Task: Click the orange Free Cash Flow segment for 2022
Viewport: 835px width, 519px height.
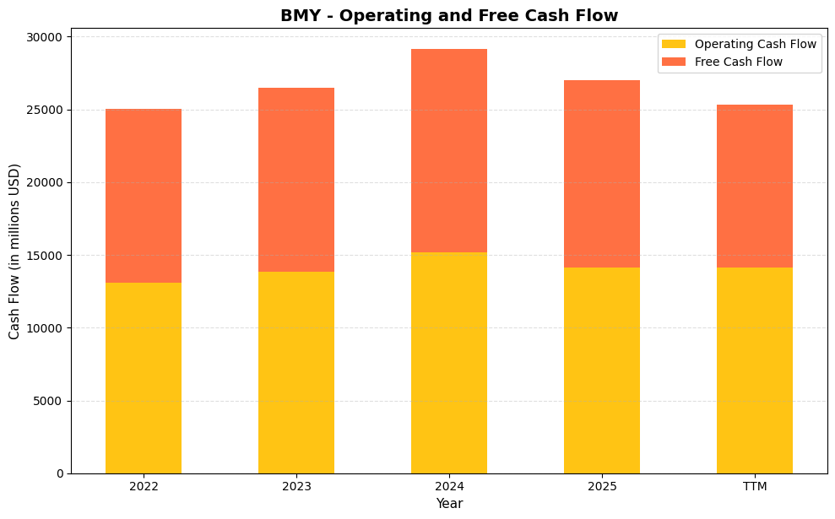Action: (x=144, y=196)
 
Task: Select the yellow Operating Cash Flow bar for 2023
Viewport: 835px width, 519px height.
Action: (x=296, y=372)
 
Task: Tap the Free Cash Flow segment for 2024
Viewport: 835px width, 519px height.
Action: (x=449, y=150)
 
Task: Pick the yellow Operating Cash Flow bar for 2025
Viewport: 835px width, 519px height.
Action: (x=602, y=370)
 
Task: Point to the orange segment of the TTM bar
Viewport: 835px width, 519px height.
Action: (x=755, y=186)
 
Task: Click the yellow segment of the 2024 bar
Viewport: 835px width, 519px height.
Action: (x=449, y=363)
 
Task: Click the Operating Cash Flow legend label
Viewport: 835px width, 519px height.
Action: (x=755, y=44)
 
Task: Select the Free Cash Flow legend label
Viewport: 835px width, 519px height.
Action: (x=738, y=62)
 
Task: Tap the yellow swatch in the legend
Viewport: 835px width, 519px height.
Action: (x=674, y=44)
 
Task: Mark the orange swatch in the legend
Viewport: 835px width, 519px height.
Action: (x=674, y=62)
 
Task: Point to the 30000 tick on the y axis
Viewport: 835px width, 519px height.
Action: (x=45, y=37)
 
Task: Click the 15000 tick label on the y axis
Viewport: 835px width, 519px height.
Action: (x=45, y=256)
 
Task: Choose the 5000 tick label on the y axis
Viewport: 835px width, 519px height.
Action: (x=48, y=401)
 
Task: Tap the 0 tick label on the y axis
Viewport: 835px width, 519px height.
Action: (x=60, y=473)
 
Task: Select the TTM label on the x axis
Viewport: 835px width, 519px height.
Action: (x=755, y=487)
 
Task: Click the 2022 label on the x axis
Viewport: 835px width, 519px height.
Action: (x=144, y=487)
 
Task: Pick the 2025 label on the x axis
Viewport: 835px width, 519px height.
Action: (x=602, y=487)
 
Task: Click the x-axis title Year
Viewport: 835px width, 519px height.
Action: (x=449, y=504)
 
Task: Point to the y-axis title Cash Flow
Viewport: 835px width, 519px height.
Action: (x=14, y=251)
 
